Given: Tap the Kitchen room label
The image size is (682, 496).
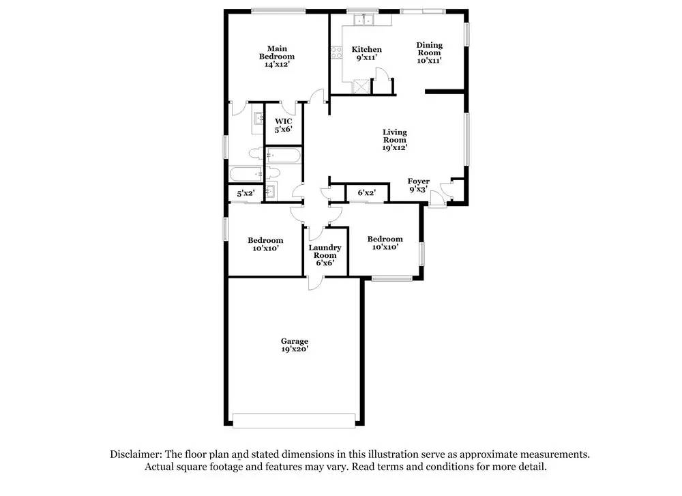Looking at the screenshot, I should (366, 49).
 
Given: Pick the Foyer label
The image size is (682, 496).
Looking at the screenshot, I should (418, 181).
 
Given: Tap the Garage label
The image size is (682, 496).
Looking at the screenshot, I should (295, 341).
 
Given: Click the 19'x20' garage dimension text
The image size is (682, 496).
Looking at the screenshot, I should (295, 349).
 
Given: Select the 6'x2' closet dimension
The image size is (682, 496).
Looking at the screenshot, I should (366, 194).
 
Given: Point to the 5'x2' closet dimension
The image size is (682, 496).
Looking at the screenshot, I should (244, 194).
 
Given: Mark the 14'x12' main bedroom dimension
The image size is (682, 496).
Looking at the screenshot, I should (277, 64).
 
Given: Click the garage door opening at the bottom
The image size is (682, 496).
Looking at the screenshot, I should (295, 420).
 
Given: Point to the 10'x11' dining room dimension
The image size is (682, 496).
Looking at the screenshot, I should (430, 61).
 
